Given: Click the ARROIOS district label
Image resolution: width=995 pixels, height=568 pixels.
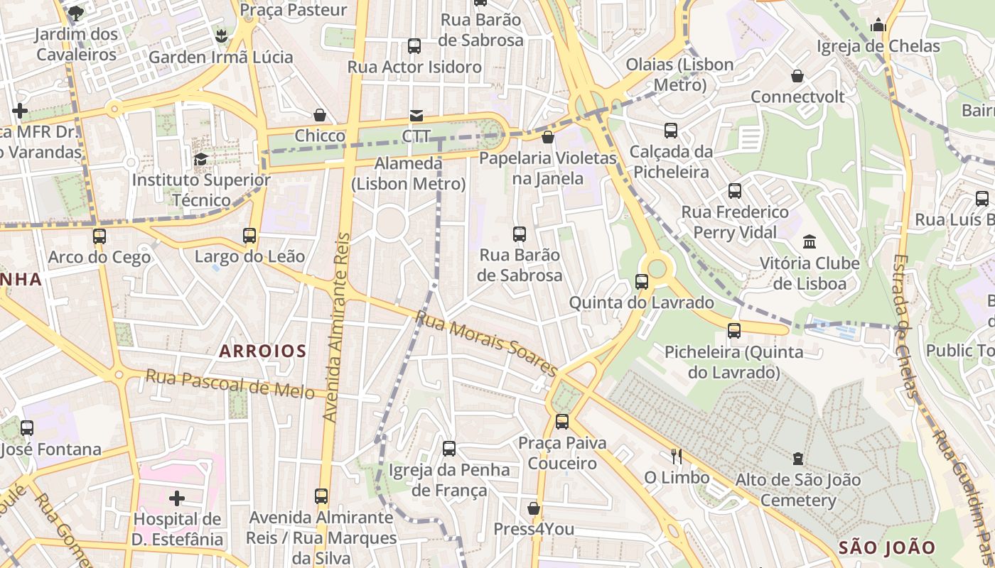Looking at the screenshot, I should point(263,351).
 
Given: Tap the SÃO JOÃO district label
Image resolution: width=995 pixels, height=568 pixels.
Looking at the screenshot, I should point(887,547).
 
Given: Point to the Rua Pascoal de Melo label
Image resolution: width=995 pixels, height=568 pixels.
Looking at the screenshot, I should point(230,384).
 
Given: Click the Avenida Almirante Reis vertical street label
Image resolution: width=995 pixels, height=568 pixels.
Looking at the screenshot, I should point(338,327).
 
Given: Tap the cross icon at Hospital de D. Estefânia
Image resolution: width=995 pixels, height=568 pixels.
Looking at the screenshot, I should point(177,498).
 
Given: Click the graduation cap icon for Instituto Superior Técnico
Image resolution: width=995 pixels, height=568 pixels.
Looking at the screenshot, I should point(200,159).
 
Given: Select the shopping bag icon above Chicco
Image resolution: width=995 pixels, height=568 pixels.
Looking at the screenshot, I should point(320,115).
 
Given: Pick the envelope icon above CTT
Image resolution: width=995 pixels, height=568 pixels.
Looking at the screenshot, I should point(416,115).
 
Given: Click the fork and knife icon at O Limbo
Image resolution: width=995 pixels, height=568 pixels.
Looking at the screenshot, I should point(677,456).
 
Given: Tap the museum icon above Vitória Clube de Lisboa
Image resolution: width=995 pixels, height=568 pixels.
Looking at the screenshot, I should point(810,241).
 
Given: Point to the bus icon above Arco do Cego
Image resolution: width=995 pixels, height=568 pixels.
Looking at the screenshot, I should point(99,236).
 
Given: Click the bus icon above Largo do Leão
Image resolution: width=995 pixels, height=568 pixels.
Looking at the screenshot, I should point(249,235).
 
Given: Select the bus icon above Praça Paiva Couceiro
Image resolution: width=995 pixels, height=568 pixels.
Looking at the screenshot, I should point(562,422).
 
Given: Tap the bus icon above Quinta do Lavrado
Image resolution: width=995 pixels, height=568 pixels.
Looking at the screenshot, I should point(642,282).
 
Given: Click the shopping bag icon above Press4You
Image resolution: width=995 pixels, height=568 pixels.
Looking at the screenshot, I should point(534,508).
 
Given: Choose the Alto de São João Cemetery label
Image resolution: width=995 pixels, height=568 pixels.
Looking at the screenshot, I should point(798,491).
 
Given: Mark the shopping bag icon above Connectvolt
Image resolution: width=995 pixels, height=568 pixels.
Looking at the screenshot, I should point(797,76).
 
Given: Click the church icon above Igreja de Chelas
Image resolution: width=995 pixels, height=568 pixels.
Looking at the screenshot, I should point(878,26).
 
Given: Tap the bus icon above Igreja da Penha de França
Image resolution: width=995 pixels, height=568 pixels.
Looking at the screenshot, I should point(449,448).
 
